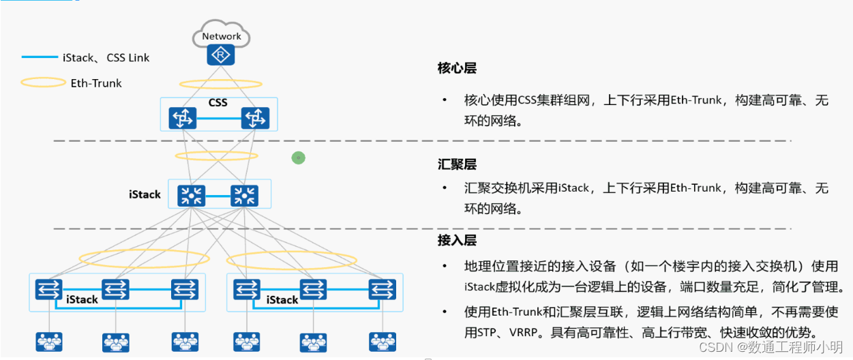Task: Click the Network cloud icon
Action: (x=221, y=34)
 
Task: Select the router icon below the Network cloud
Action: (x=220, y=55)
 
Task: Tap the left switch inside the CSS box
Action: (x=182, y=119)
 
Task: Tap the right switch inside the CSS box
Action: (x=255, y=119)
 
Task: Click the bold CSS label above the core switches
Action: (x=218, y=103)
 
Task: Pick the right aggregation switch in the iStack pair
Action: (x=244, y=196)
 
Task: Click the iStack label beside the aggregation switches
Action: (x=145, y=195)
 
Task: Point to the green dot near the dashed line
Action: (x=298, y=158)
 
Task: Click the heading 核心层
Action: (x=456, y=68)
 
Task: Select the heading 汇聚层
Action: (x=456, y=165)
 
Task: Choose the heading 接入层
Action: (x=456, y=241)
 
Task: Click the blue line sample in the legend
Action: (x=40, y=57)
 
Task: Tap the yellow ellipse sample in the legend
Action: (x=43, y=83)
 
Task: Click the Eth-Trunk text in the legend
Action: (x=96, y=83)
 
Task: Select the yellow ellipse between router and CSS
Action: (x=220, y=84)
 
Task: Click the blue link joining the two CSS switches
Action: (x=218, y=119)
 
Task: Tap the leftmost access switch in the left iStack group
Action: (x=48, y=290)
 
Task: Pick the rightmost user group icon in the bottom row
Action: (x=383, y=342)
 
